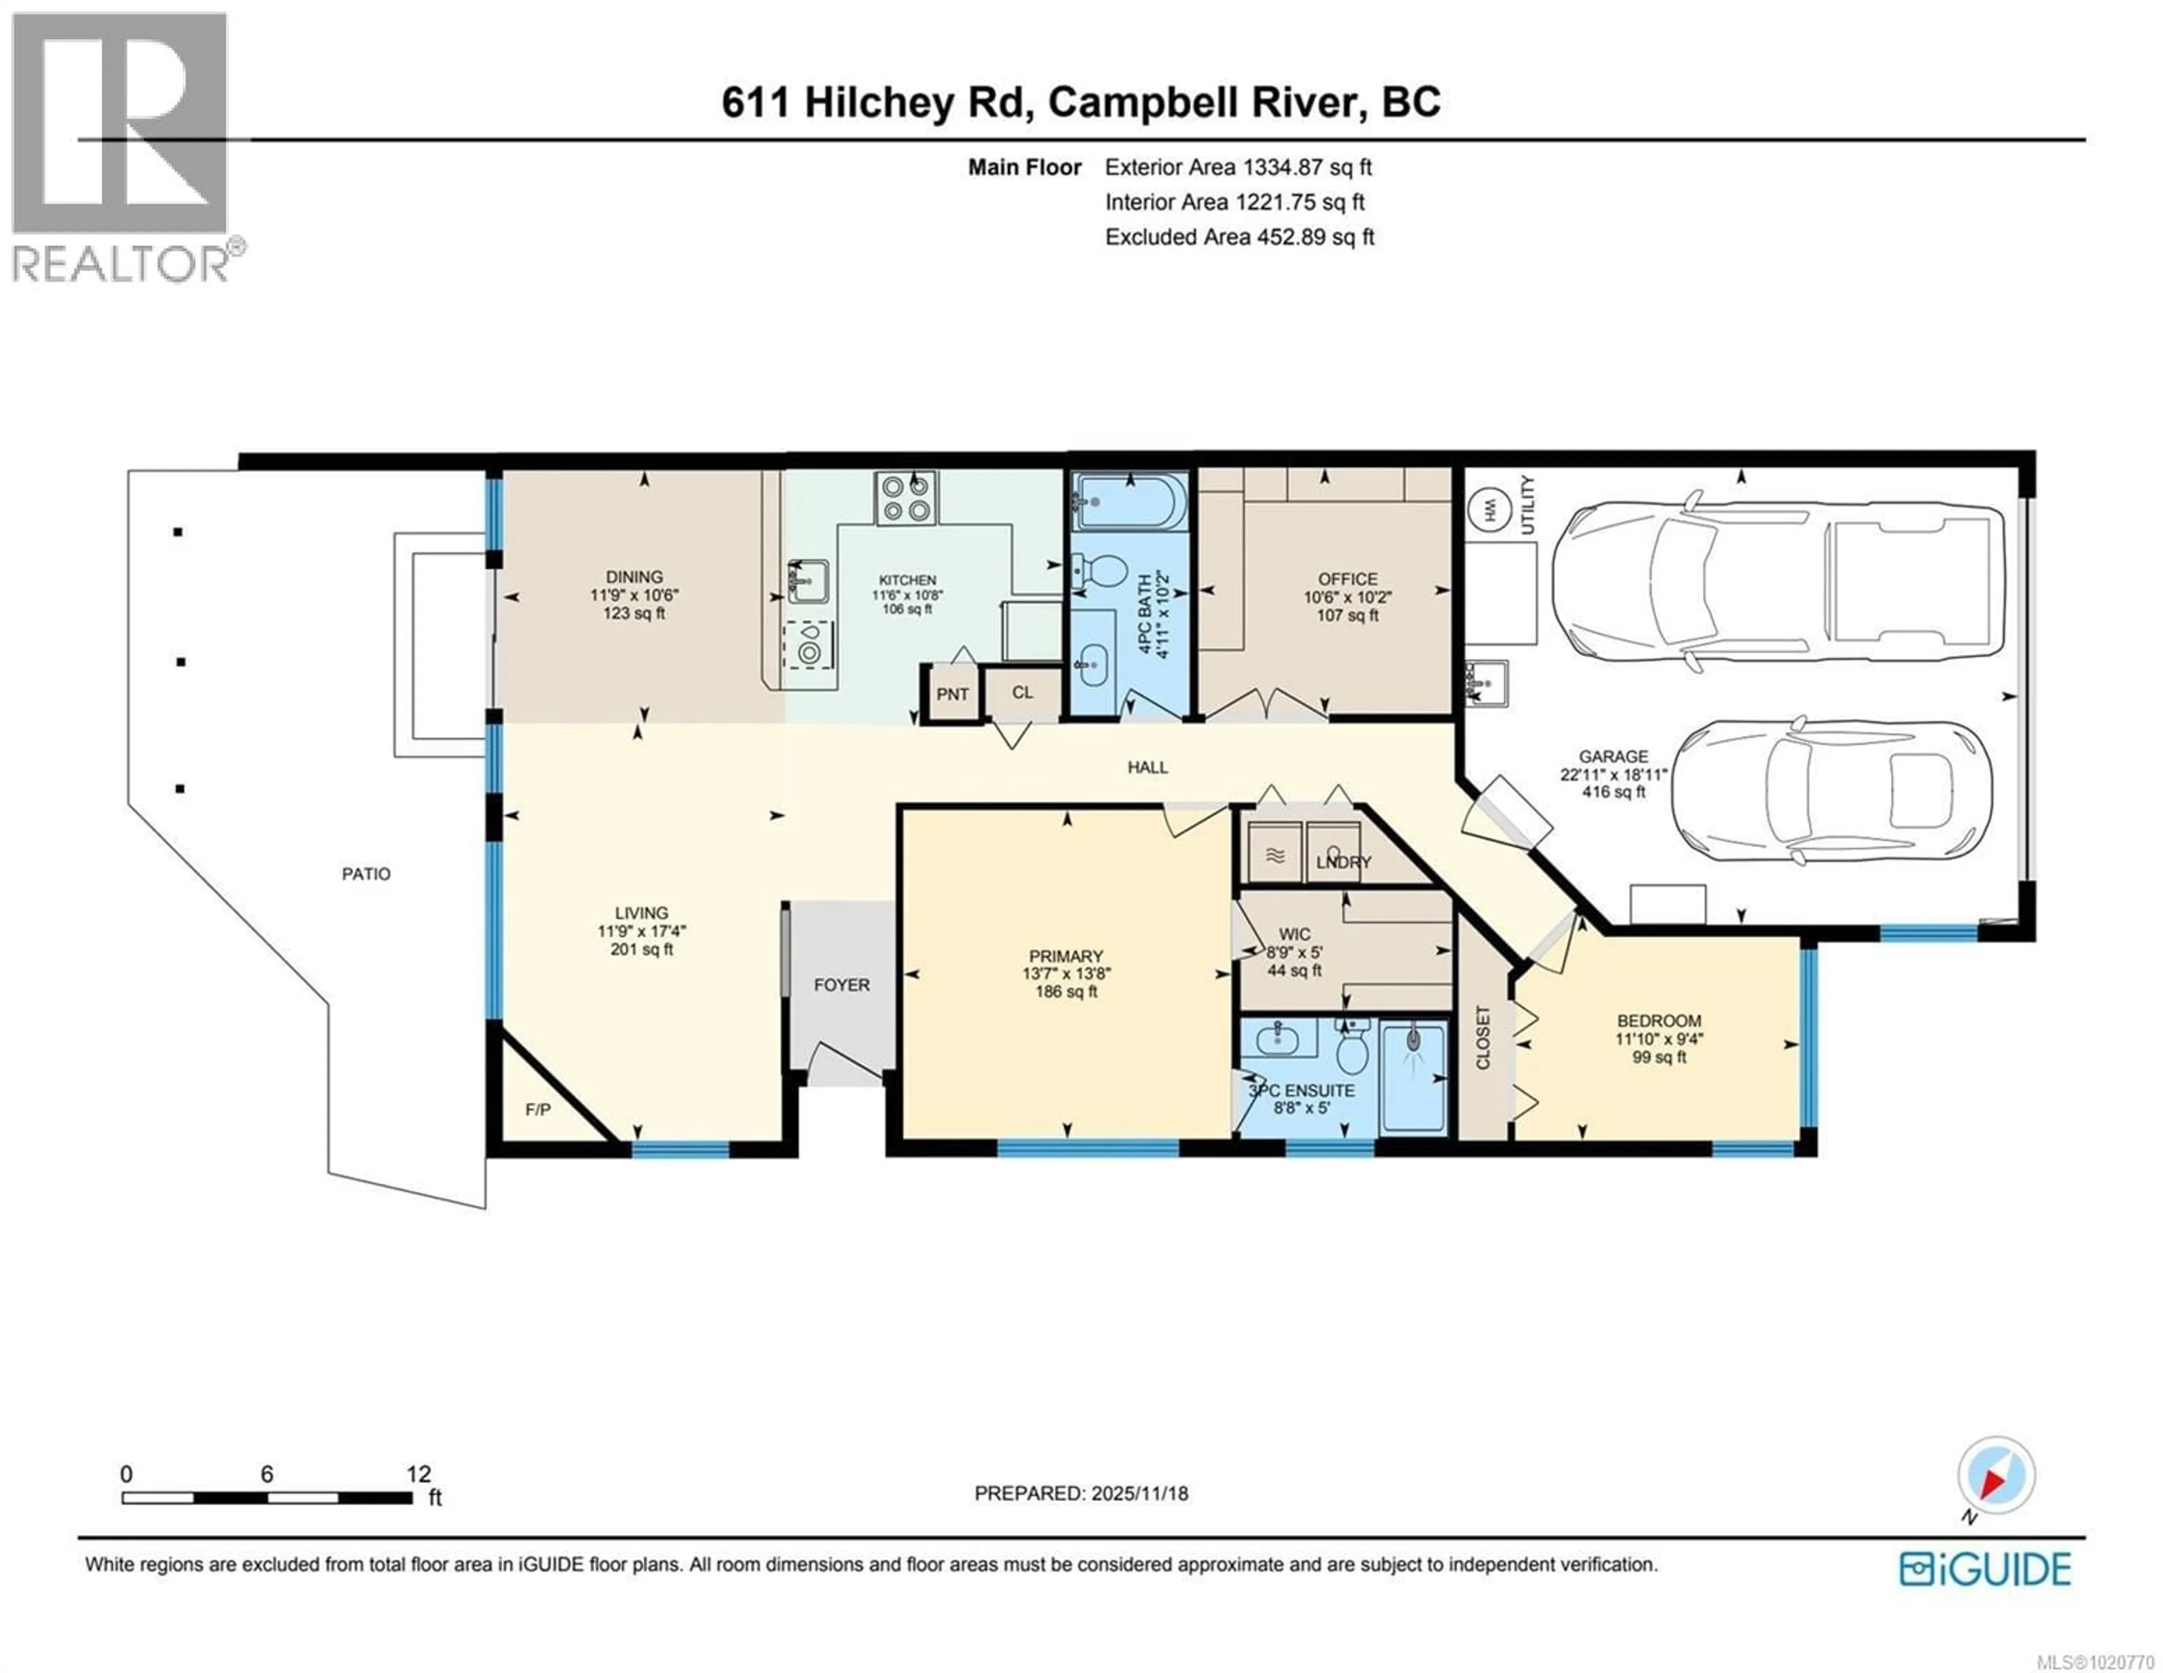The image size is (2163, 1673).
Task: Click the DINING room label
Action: pos(634,576)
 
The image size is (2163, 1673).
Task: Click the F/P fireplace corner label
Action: pos(538,1110)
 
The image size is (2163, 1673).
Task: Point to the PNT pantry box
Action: pos(952,693)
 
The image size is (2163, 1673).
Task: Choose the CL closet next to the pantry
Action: pos(1022,693)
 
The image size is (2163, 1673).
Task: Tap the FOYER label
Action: pos(842,984)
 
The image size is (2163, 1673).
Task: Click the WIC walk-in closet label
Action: pos(1294,934)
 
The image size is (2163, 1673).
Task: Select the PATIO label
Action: pos(366,873)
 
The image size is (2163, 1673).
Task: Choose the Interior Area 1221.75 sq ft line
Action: pos(1234,202)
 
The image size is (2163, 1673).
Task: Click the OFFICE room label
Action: pos(1347,579)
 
